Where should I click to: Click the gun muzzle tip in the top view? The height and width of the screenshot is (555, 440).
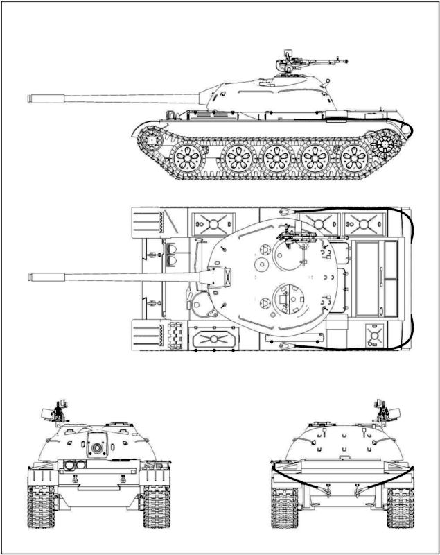(x=30, y=277)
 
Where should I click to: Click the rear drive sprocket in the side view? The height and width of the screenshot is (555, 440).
(x=385, y=144)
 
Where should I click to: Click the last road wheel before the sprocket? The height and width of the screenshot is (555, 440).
(x=349, y=159)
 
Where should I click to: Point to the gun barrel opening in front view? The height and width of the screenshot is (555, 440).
(x=96, y=447)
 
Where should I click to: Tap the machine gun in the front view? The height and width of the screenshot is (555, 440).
(x=59, y=412)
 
